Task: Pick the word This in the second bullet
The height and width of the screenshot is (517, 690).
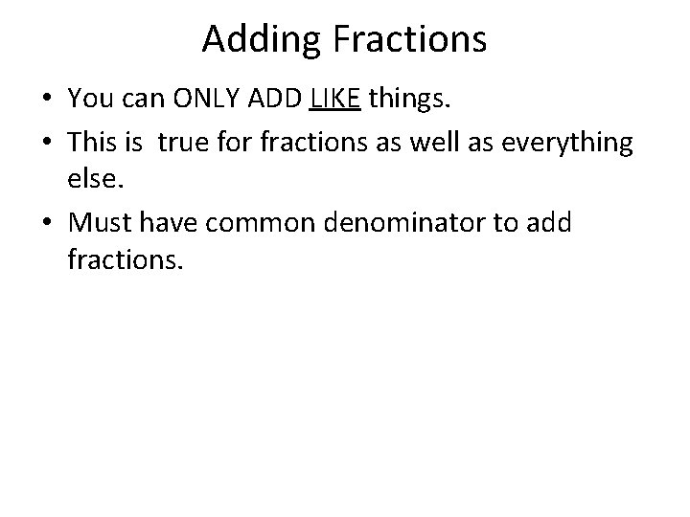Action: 92,143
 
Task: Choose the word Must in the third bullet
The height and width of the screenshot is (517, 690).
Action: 99,223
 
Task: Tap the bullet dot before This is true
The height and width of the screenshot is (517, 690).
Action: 48,144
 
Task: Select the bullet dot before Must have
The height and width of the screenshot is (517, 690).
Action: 48,224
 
